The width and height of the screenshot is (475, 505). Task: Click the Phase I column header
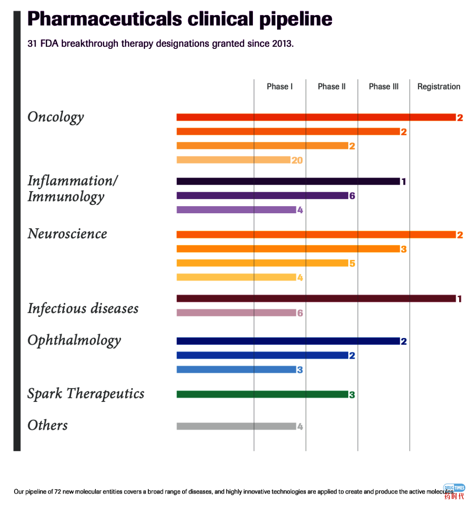(280, 86)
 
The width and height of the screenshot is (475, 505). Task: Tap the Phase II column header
(332, 86)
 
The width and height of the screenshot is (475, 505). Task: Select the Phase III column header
(384, 86)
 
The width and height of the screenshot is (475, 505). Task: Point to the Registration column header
(438, 86)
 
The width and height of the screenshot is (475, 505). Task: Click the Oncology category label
(55, 117)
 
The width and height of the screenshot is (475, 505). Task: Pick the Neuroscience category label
(67, 234)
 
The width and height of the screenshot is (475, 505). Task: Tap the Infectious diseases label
(83, 308)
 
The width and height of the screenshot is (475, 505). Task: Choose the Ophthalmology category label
(74, 341)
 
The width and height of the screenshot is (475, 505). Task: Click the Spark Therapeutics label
(86, 394)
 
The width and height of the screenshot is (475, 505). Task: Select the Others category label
(47, 425)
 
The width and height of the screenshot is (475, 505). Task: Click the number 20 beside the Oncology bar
(297, 160)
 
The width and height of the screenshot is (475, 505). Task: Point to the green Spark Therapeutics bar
(262, 394)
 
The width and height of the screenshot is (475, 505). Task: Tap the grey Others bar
(236, 426)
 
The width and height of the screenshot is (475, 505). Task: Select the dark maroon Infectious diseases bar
(316, 299)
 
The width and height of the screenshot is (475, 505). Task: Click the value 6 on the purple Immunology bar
(352, 196)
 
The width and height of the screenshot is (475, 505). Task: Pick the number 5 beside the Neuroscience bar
(352, 264)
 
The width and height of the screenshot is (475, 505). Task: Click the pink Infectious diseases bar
(236, 313)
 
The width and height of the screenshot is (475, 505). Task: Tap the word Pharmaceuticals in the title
(105, 19)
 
